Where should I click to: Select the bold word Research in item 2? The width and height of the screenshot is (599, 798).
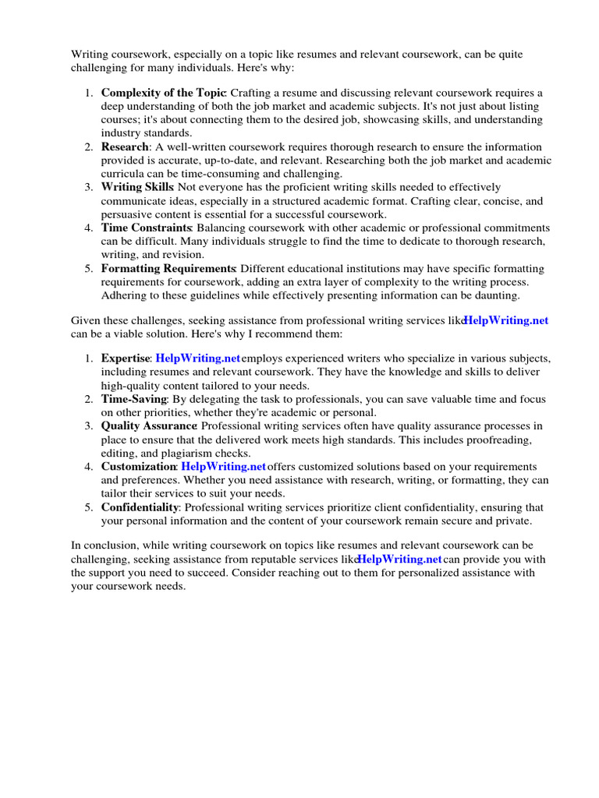[x=124, y=147]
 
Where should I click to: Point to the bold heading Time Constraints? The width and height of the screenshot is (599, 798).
[x=146, y=228]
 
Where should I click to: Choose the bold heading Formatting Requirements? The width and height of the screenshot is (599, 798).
[x=168, y=268]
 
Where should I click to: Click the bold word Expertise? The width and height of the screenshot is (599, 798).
[x=125, y=358]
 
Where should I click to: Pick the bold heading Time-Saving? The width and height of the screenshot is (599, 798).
[x=133, y=399]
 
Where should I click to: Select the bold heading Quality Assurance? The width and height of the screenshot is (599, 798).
[x=148, y=425]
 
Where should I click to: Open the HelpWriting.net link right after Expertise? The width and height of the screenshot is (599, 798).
[x=198, y=358]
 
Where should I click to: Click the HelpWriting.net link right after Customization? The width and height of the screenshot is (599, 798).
[x=224, y=466]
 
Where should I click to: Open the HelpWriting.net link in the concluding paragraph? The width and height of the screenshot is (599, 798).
[x=399, y=560]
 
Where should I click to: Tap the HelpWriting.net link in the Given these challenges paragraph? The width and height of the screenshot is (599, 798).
[x=506, y=320]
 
